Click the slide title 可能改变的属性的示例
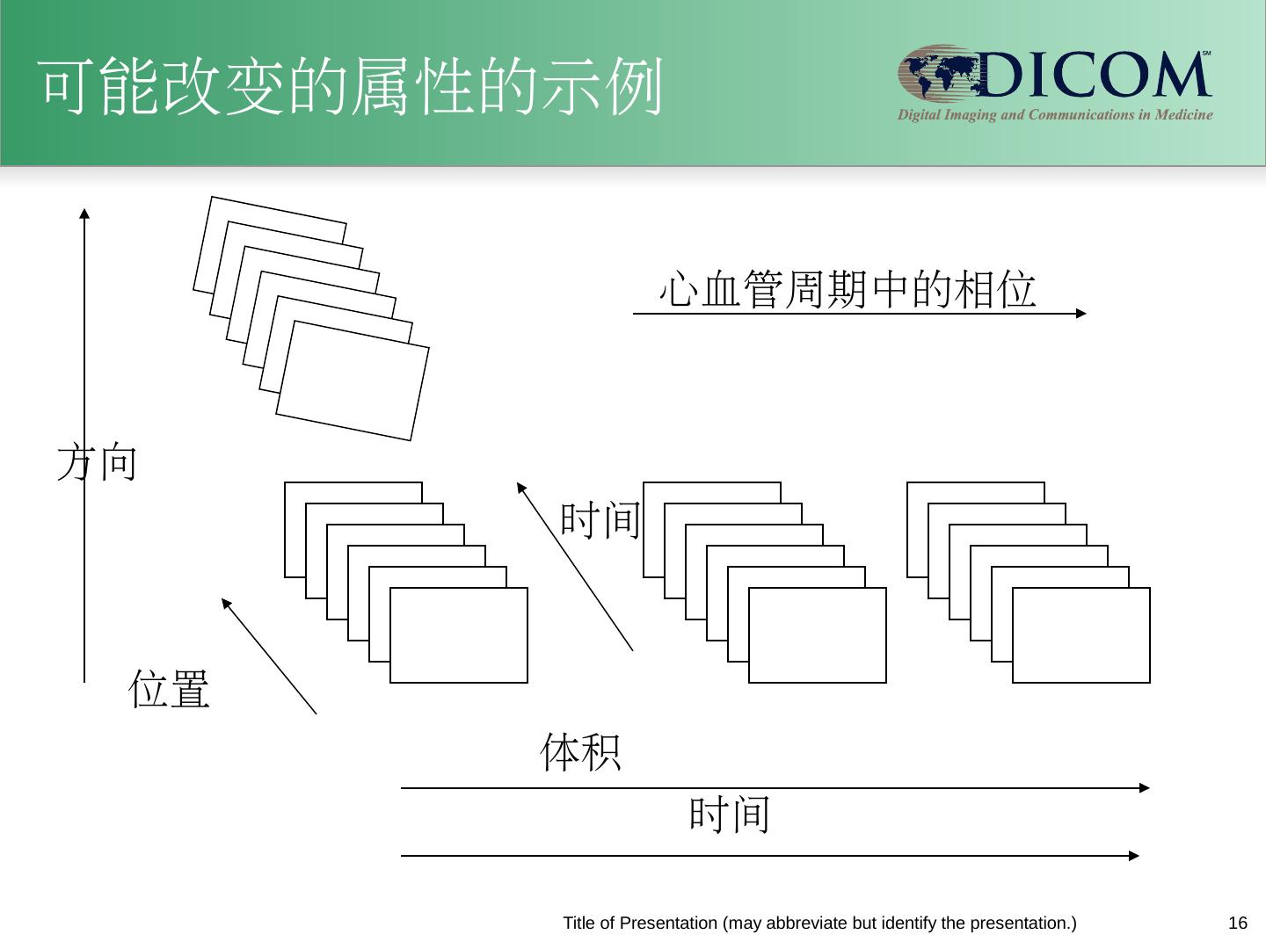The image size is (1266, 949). (x=350, y=87)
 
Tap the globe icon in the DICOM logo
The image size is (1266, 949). (x=937, y=74)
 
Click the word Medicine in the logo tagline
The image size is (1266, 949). (x=1183, y=115)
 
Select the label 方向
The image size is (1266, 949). (x=97, y=462)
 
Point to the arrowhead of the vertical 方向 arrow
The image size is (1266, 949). (x=84, y=214)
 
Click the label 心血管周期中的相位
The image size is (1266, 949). (x=848, y=289)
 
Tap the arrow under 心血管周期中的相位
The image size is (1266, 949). (x=858, y=313)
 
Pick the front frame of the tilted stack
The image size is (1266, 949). (x=353, y=380)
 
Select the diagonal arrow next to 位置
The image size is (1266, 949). (x=268, y=656)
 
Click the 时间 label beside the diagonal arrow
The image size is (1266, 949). (x=600, y=518)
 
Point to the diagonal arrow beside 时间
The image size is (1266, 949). (x=575, y=567)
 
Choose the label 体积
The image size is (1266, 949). (x=580, y=753)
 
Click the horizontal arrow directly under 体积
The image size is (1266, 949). (x=774, y=788)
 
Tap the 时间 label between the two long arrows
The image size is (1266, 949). (x=729, y=814)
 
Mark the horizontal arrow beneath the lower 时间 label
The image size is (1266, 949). (x=769, y=855)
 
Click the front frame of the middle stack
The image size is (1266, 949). (x=817, y=634)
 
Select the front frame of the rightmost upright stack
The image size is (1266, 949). (x=1080, y=634)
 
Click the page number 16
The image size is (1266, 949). (x=1237, y=923)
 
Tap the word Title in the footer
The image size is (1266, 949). (x=578, y=923)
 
